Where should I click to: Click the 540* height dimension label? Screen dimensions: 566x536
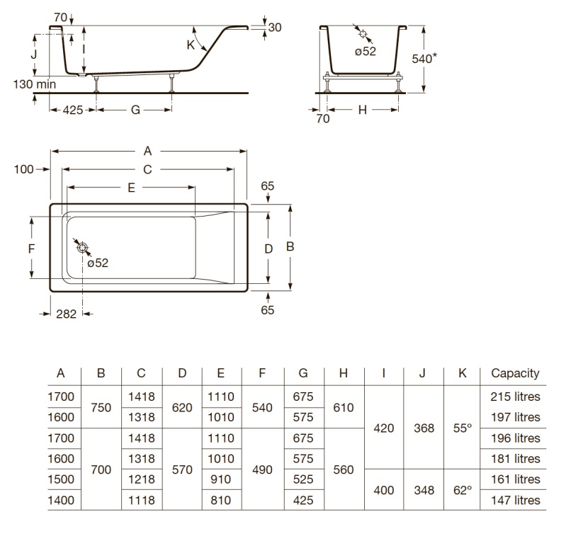pyautogui.click(x=424, y=58)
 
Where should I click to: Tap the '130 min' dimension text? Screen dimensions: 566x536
pyautogui.click(x=35, y=84)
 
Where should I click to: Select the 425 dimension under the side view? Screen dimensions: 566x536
pyautogui.click(x=73, y=110)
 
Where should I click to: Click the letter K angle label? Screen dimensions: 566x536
pyautogui.click(x=191, y=45)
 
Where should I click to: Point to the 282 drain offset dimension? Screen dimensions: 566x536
pyautogui.click(x=67, y=314)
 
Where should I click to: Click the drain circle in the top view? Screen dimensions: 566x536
pyautogui.click(x=83, y=248)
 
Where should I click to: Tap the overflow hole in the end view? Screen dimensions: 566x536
pyautogui.click(x=363, y=34)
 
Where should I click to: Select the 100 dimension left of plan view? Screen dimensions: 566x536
pyautogui.click(x=24, y=169)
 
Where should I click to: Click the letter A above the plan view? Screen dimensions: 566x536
pyautogui.click(x=147, y=151)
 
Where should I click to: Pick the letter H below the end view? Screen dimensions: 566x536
pyautogui.click(x=363, y=110)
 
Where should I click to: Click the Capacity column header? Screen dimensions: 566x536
pyautogui.click(x=515, y=374)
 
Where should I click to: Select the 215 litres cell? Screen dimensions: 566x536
pyautogui.click(x=515, y=397)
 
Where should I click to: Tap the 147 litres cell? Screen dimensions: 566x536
pyautogui.click(x=515, y=501)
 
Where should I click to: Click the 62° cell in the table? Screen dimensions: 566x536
pyautogui.click(x=463, y=490)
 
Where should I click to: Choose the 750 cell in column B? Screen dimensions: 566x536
pyautogui.click(x=101, y=408)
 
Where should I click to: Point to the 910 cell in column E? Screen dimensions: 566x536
pyautogui.click(x=220, y=479)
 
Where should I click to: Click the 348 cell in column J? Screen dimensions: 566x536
pyautogui.click(x=424, y=490)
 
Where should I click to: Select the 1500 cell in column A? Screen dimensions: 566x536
pyautogui.click(x=61, y=479)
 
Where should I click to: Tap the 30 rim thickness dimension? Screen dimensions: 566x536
pyautogui.click(x=275, y=28)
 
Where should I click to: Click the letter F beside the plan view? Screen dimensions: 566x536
pyautogui.click(x=32, y=249)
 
